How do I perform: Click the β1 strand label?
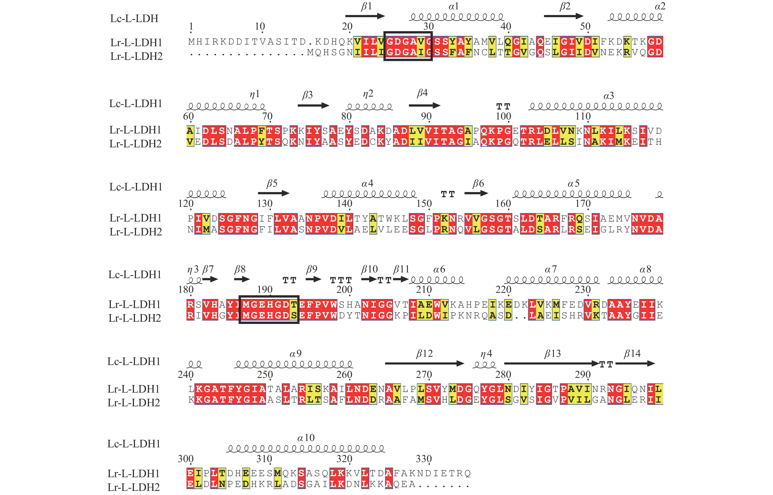tap(366, 6)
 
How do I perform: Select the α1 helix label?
tap(453, 6)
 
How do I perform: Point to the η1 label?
tap(254, 94)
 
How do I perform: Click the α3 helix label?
tap(608, 96)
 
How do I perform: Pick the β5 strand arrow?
tap(273, 193)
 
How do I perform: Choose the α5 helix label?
tap(573, 184)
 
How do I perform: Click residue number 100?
tap(503, 116)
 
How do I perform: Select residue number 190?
tap(265, 290)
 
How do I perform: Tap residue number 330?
tap(424, 459)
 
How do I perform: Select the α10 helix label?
tap(306, 438)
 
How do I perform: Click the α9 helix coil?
tap(294, 364)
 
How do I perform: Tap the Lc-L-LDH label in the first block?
tap(134, 19)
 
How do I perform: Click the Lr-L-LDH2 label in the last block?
tap(134, 487)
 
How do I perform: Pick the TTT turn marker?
tap(341, 280)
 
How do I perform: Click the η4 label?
tap(486, 354)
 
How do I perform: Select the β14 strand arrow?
tap(635, 364)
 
